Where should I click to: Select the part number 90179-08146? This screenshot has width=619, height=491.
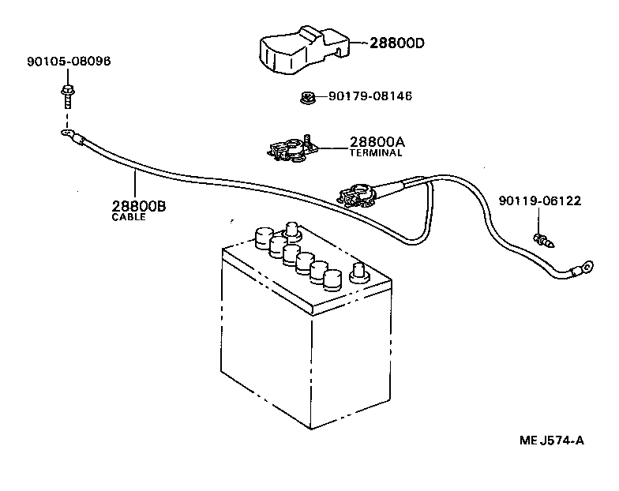click(x=370, y=96)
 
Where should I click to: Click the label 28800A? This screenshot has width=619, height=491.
click(x=377, y=142)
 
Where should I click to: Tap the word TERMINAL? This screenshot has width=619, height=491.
click(x=376, y=153)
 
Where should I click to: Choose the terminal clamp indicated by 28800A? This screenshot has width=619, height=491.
click(x=291, y=148)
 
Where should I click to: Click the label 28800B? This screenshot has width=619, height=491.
click(x=138, y=206)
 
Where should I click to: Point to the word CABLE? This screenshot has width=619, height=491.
click(x=129, y=217)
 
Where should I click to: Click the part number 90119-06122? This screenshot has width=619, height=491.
click(x=540, y=201)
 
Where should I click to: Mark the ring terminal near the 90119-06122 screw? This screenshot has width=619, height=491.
click(x=583, y=269)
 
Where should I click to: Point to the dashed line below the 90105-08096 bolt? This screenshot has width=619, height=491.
click(x=67, y=118)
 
